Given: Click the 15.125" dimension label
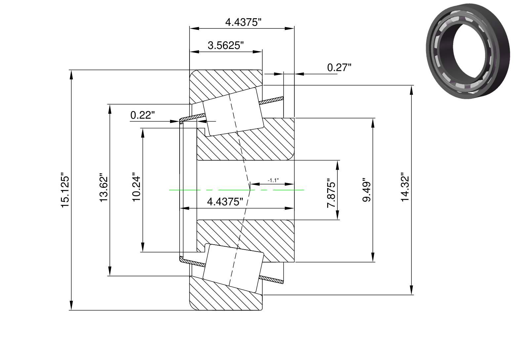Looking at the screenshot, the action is tap(65, 190).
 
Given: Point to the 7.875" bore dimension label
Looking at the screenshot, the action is tap(331, 193).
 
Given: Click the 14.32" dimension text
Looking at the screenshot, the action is tap(405, 189).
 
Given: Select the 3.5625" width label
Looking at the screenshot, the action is tap(226, 45).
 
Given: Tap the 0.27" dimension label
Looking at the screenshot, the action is tap(339, 67).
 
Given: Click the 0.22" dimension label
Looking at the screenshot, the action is tap(143, 115).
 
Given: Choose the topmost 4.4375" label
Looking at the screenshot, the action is tap(243, 22).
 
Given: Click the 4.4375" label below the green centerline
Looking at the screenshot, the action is tap(225, 202).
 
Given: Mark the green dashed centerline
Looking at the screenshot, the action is tap(237, 190).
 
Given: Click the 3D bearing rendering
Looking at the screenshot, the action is tap(468, 51).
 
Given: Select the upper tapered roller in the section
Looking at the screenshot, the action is tap(233, 112).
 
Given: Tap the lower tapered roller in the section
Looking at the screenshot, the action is tap(233, 268).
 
